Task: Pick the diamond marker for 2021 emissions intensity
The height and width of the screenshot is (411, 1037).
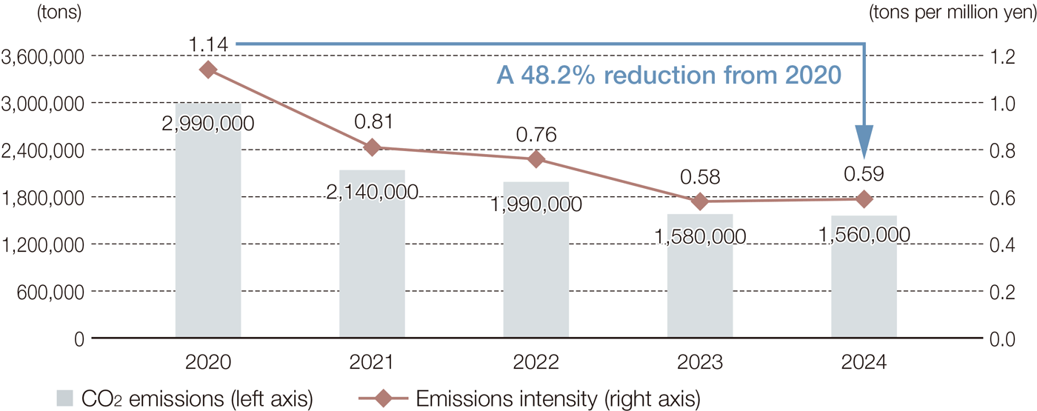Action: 373,147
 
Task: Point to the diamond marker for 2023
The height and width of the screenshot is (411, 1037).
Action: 700,201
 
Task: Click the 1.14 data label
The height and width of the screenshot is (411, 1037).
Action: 208,46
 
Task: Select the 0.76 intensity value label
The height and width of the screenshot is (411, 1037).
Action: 536,135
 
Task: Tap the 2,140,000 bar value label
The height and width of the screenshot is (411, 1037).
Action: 372,193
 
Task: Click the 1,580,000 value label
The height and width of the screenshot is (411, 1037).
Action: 700,237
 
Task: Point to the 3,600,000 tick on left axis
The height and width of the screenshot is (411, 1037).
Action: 41,56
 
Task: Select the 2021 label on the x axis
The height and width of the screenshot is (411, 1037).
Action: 373,363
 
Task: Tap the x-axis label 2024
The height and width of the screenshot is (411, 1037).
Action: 864,363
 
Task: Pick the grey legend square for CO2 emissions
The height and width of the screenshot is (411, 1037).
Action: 66,398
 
